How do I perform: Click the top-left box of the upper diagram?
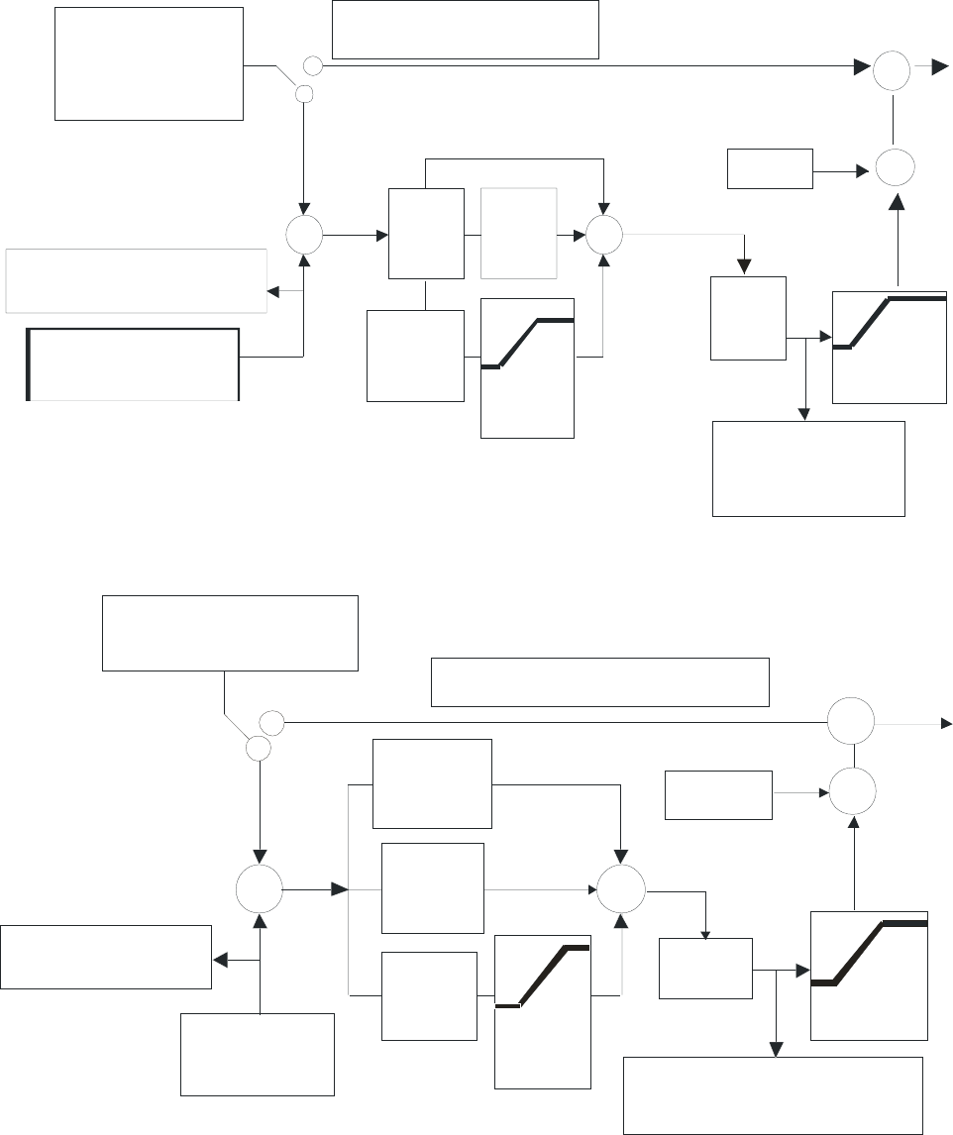coord(149,63)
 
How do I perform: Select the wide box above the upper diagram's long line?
coord(465,30)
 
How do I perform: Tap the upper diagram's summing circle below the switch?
coord(303,236)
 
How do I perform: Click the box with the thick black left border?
coord(133,363)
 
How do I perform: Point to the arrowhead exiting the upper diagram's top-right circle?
coord(937,67)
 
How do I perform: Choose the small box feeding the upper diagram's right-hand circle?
coord(770,168)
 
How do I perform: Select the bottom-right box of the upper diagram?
coord(808,468)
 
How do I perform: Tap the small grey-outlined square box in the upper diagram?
coord(519,234)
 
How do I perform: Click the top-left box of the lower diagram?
coord(229,633)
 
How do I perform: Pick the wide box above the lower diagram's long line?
coord(599,681)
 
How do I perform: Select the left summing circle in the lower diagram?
coord(259,889)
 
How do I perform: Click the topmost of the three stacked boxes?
coord(431,783)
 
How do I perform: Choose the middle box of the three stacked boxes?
coord(432,887)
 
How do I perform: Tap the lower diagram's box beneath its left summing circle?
coord(257,1054)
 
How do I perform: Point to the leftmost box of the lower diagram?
coord(106,957)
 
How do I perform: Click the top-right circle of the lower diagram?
coord(851,721)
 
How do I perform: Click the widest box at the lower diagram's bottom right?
coord(773,1094)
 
